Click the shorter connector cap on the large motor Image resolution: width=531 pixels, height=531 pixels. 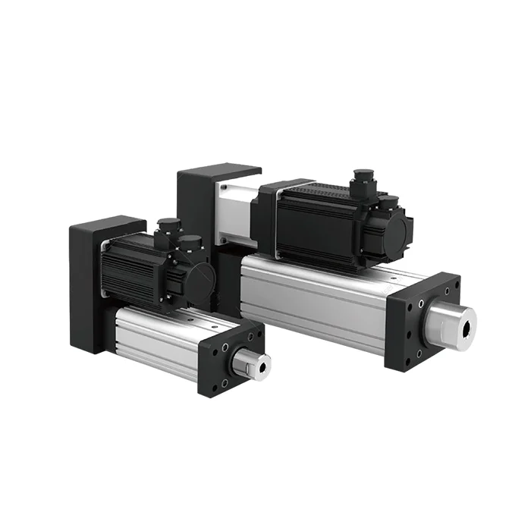[391, 203]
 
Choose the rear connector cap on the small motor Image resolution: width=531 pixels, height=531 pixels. [168, 226]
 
